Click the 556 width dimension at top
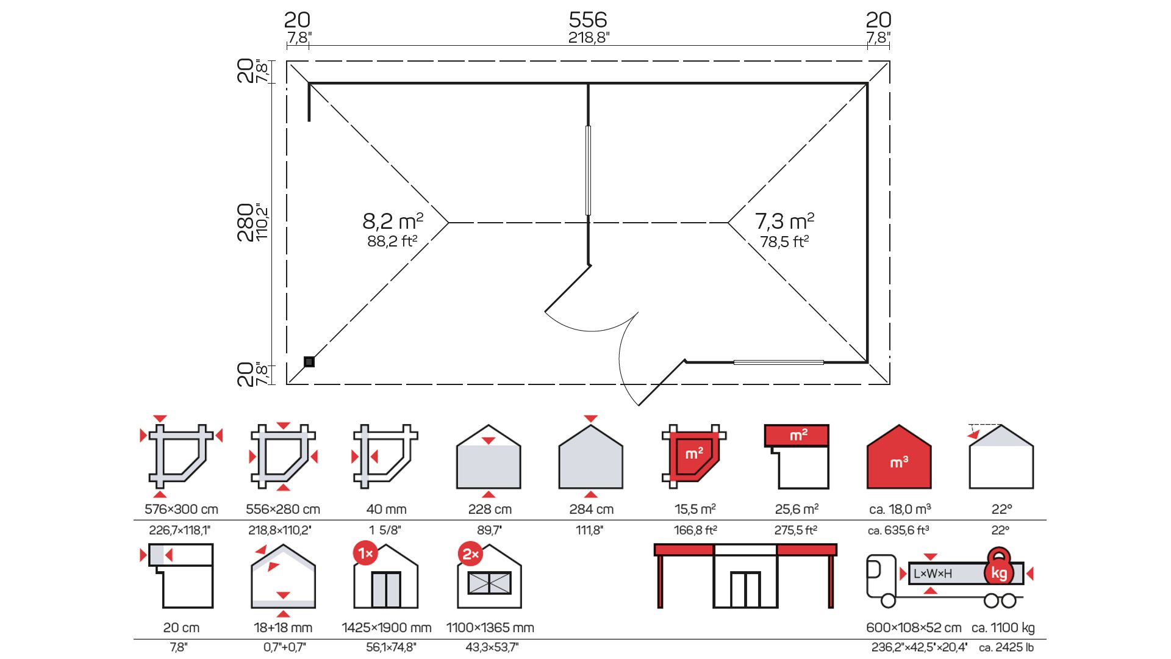point(588,20)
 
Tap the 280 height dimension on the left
point(245,223)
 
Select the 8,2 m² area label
point(393,221)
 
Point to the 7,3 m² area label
point(784,221)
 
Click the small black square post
point(309,362)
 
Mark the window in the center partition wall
point(588,170)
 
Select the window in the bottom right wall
point(779,362)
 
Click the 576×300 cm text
point(181,509)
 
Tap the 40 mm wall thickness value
point(386,509)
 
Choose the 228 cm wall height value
point(490,509)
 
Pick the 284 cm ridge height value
point(592,509)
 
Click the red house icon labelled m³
point(899,457)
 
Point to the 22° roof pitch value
point(1001,509)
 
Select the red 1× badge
point(365,553)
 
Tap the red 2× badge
point(470,553)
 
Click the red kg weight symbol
point(999,568)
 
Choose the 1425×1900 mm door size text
point(387,627)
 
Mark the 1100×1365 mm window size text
point(490,627)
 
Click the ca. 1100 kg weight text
point(1003,627)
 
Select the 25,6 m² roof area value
point(797,509)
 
